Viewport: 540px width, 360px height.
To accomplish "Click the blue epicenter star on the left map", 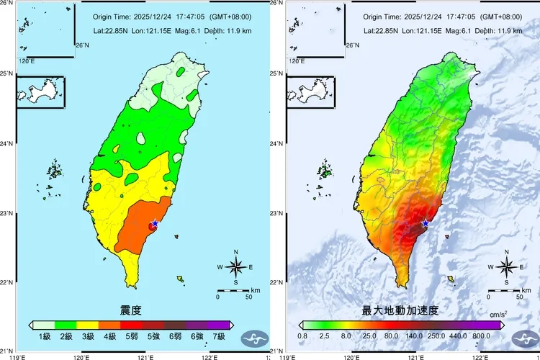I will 155,223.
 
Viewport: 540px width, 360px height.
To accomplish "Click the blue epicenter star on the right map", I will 426,223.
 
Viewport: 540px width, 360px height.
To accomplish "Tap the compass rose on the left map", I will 236,267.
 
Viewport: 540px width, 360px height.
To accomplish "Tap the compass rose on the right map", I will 506,267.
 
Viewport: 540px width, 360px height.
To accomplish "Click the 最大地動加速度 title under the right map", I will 400,311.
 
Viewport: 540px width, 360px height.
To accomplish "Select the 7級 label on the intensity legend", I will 219,336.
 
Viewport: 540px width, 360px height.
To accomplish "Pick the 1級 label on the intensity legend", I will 44,336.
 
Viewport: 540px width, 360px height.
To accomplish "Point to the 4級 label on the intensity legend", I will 109,336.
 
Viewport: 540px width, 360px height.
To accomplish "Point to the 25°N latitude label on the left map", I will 7,73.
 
